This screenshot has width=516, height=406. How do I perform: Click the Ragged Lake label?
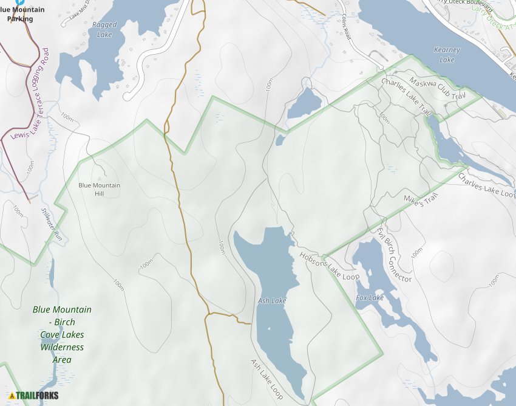point(104,30)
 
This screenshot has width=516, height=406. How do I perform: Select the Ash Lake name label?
point(271,301)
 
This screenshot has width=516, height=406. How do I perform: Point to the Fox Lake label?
point(370,298)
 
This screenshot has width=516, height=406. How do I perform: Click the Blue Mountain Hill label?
point(100,189)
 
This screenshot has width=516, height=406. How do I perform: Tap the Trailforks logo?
point(34,396)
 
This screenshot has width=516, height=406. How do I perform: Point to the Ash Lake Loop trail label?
point(267,378)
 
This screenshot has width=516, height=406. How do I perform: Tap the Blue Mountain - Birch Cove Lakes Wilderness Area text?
point(62,334)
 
